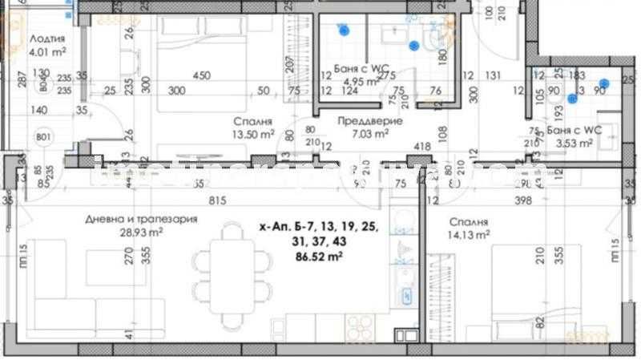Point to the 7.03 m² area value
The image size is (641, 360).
tap(370, 134)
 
